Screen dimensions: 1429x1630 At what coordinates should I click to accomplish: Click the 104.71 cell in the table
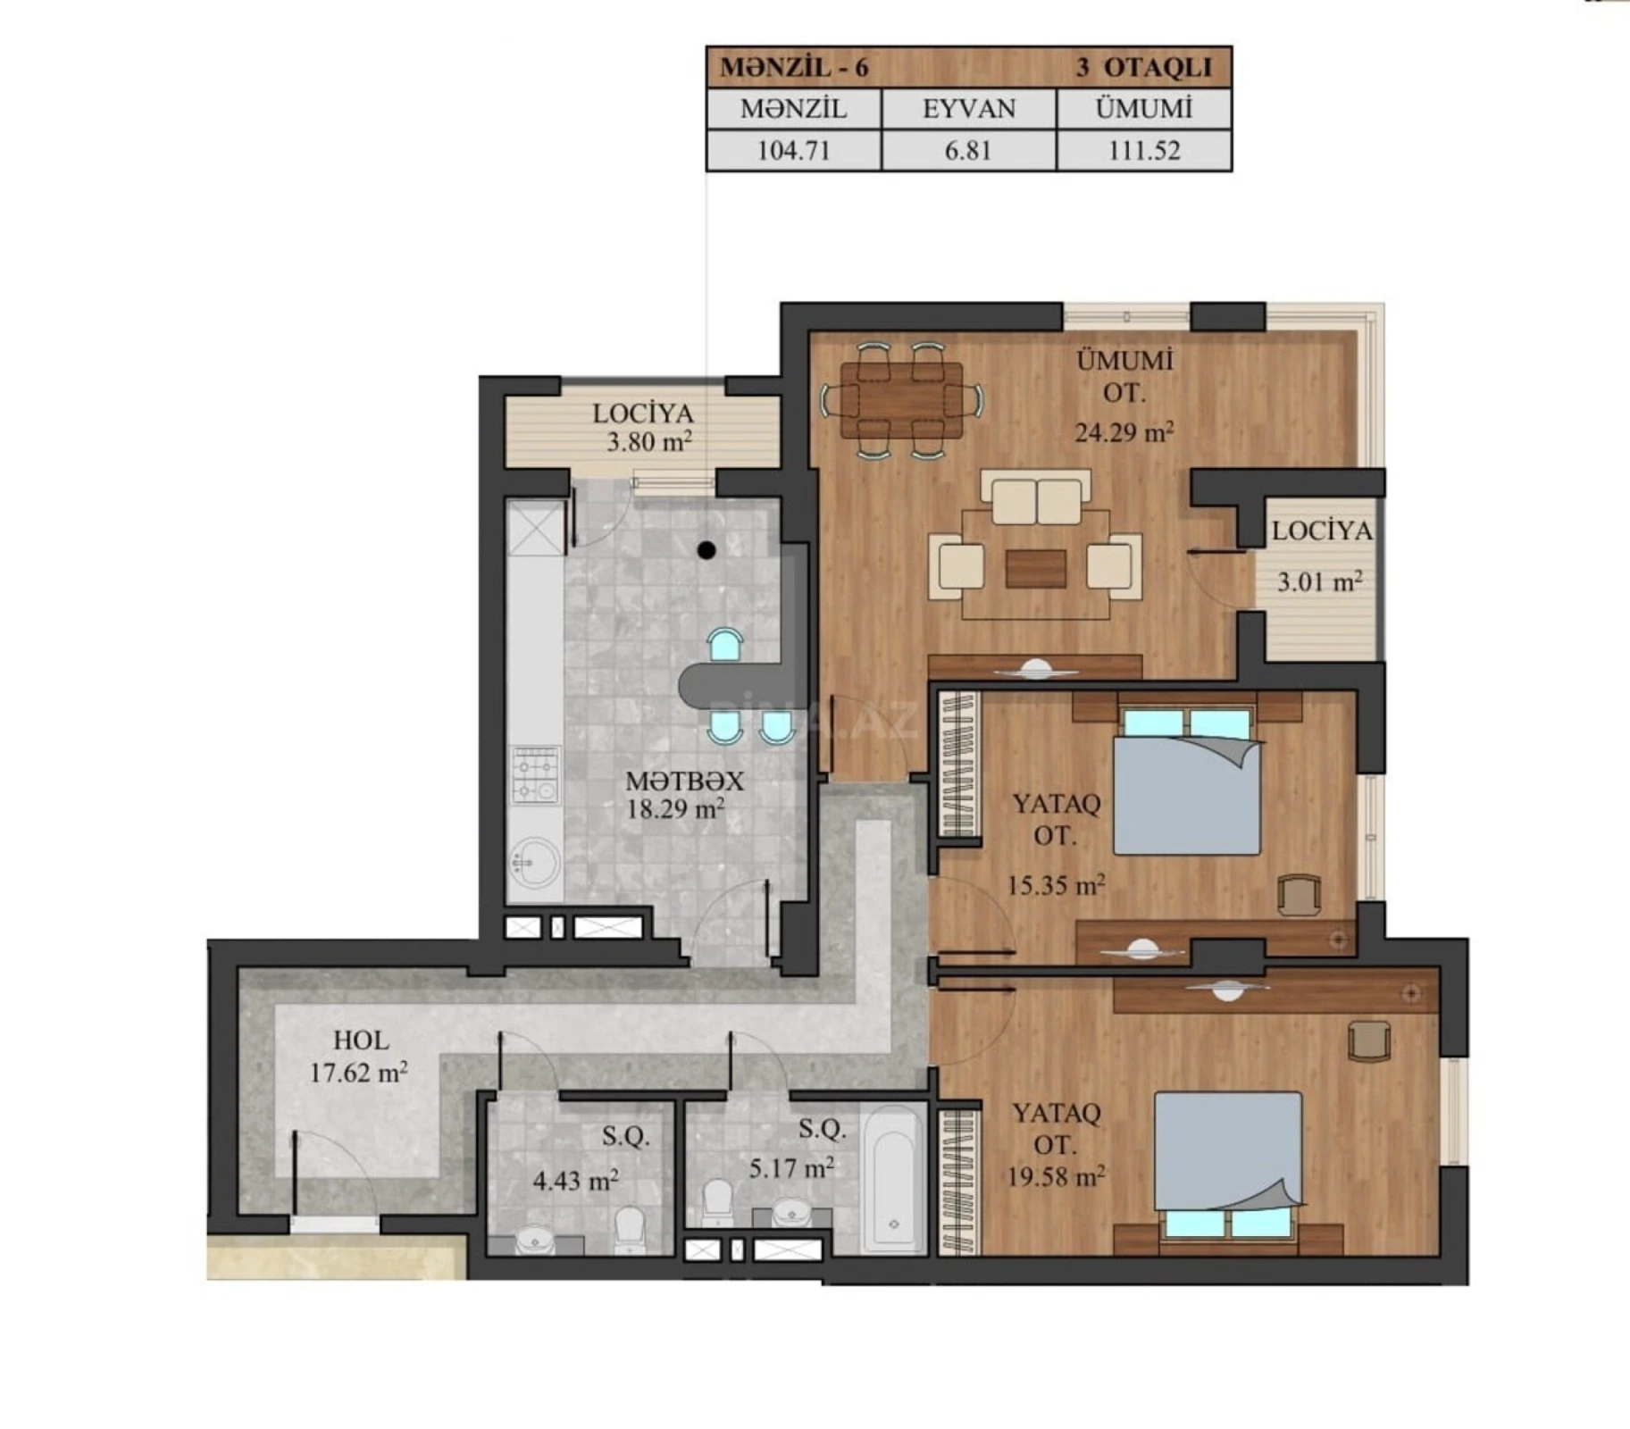coord(793,150)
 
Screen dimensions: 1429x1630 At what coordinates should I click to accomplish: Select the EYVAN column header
coord(968,109)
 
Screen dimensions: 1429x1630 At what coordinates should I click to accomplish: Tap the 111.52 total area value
coord(1143,150)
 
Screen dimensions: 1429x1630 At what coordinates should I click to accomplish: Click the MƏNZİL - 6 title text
coord(794,68)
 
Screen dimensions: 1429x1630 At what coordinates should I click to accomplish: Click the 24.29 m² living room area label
coord(1123,433)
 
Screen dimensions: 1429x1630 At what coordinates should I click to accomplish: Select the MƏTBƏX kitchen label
coord(684,781)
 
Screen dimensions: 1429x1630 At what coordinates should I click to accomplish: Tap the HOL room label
coord(361,1040)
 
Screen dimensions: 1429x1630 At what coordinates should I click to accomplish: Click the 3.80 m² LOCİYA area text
coord(649,442)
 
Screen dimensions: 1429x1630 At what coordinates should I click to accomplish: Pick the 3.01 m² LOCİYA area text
coord(1319,582)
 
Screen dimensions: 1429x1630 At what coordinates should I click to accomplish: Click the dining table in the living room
coord(901,399)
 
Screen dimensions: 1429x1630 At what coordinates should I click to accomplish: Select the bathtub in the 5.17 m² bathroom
coord(894,1180)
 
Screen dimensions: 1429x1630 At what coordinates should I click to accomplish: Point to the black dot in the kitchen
coord(706,550)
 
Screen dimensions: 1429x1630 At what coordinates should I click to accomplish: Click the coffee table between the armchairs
coord(1035,568)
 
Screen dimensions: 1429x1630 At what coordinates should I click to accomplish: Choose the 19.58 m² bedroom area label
coord(1056,1176)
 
